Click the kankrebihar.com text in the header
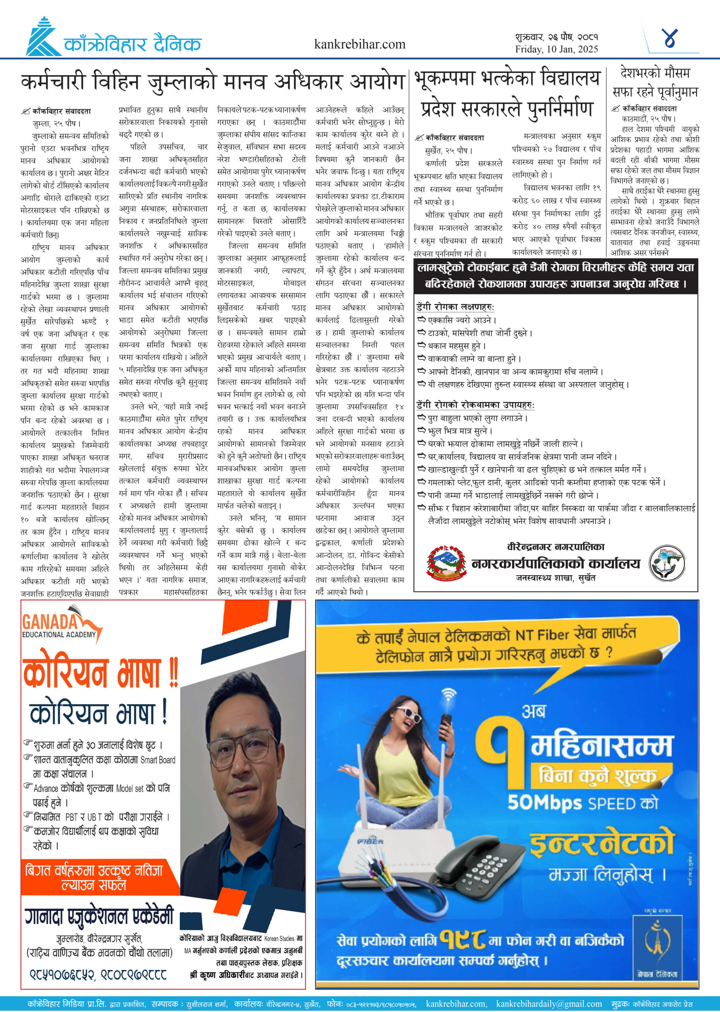tap(359, 44)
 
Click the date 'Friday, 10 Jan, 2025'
tap(556, 49)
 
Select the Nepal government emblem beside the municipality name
tap(446, 563)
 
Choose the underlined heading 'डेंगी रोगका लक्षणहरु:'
tap(455, 307)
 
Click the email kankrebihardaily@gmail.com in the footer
tap(549, 1004)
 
